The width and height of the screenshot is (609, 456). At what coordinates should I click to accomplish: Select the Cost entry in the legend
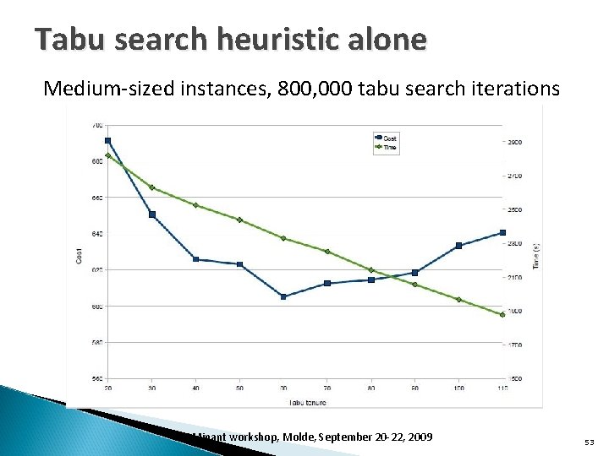(x=390, y=138)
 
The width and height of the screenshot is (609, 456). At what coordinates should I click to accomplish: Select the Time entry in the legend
(x=390, y=147)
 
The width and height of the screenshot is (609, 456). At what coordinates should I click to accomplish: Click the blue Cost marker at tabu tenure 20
(x=108, y=141)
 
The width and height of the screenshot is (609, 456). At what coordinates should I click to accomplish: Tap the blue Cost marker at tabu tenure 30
(x=152, y=214)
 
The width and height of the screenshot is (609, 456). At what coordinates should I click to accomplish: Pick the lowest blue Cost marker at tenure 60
(x=283, y=296)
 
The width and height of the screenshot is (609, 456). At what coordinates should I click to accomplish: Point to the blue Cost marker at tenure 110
(x=502, y=232)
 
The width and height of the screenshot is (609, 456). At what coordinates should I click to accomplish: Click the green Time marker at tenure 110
(x=502, y=314)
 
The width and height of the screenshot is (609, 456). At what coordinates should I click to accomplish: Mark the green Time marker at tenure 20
(x=108, y=155)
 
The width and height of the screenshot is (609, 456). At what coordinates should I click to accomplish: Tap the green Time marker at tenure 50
(x=240, y=220)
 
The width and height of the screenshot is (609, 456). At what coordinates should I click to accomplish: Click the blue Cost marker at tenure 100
(x=458, y=246)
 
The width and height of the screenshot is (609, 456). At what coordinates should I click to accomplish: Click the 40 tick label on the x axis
(x=195, y=388)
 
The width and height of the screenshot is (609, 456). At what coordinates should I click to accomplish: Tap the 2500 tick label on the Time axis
(x=514, y=209)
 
